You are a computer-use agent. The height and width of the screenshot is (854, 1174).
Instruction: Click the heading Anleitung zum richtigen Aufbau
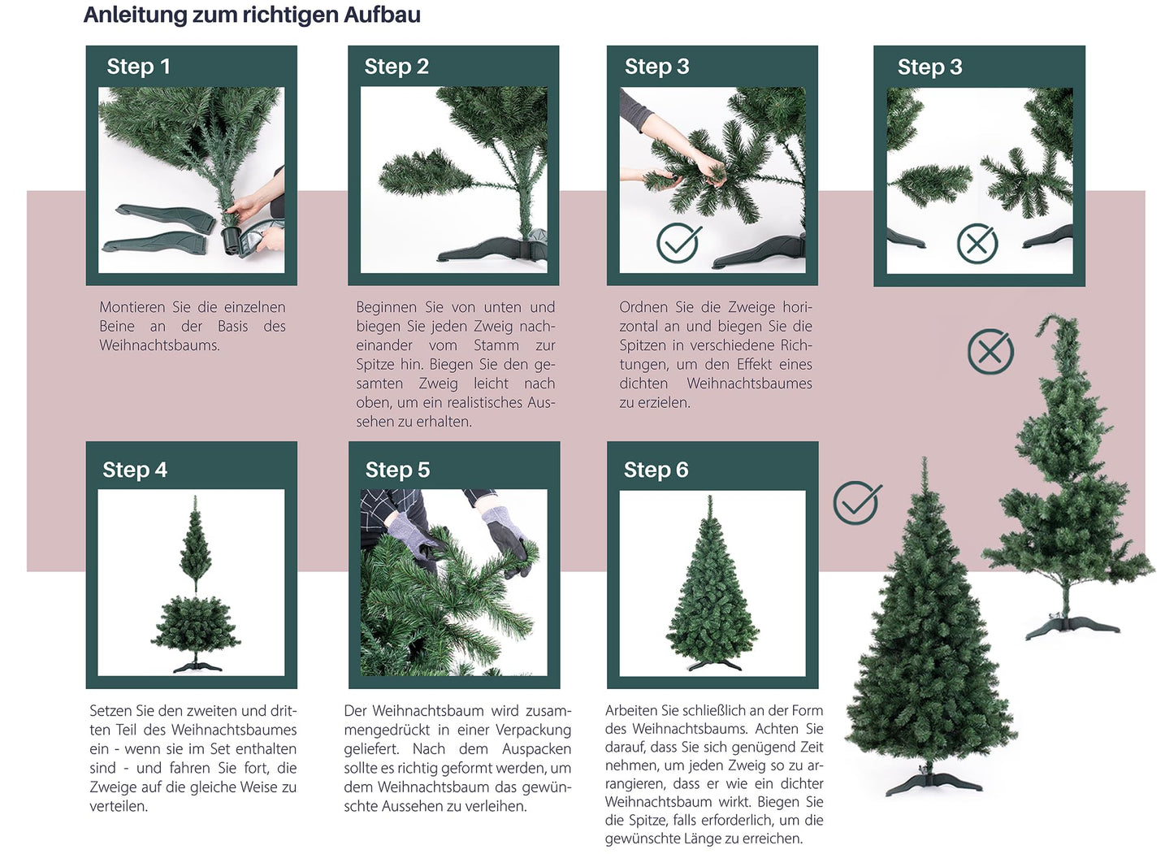[252, 15]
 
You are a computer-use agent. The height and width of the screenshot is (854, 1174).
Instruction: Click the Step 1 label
[138, 67]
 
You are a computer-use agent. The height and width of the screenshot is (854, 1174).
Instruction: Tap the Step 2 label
[396, 67]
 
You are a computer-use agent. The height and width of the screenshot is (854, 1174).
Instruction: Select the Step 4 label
[134, 470]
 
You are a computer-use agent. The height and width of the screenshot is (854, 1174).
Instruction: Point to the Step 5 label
[396, 470]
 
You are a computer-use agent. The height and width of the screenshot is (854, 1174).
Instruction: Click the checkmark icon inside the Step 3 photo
[678, 242]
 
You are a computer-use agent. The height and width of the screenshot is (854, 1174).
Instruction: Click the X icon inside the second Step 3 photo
[977, 243]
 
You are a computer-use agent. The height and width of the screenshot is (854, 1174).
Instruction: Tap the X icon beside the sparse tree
[990, 352]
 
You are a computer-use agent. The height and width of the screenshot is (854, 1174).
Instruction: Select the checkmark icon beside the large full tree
[856, 503]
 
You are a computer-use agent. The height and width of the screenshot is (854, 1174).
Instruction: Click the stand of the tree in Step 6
[713, 664]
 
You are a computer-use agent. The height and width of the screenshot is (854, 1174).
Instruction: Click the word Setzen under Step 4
[111, 711]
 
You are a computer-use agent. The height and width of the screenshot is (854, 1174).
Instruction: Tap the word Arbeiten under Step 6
[634, 711]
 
